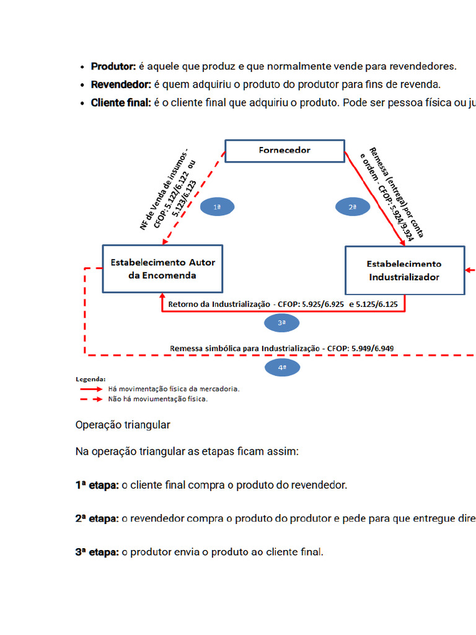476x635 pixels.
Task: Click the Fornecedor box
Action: [x=284, y=151]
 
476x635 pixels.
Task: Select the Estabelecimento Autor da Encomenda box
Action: [x=162, y=269]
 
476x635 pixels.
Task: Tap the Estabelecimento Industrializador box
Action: [x=404, y=270]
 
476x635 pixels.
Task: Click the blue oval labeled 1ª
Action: [x=218, y=206]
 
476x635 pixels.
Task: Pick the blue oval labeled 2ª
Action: [x=352, y=206]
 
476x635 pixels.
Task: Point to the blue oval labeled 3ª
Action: [x=281, y=322]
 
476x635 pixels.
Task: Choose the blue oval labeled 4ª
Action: [x=281, y=368]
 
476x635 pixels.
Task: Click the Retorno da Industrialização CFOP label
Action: [x=283, y=305]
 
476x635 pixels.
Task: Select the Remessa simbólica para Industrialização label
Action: [x=282, y=349]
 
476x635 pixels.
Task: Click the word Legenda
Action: [x=90, y=378]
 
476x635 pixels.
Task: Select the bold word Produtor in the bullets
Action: [x=113, y=66]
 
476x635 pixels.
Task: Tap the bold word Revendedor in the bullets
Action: [x=121, y=84]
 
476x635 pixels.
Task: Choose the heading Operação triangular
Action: [x=123, y=425]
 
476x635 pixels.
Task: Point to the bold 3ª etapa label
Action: [x=97, y=552]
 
